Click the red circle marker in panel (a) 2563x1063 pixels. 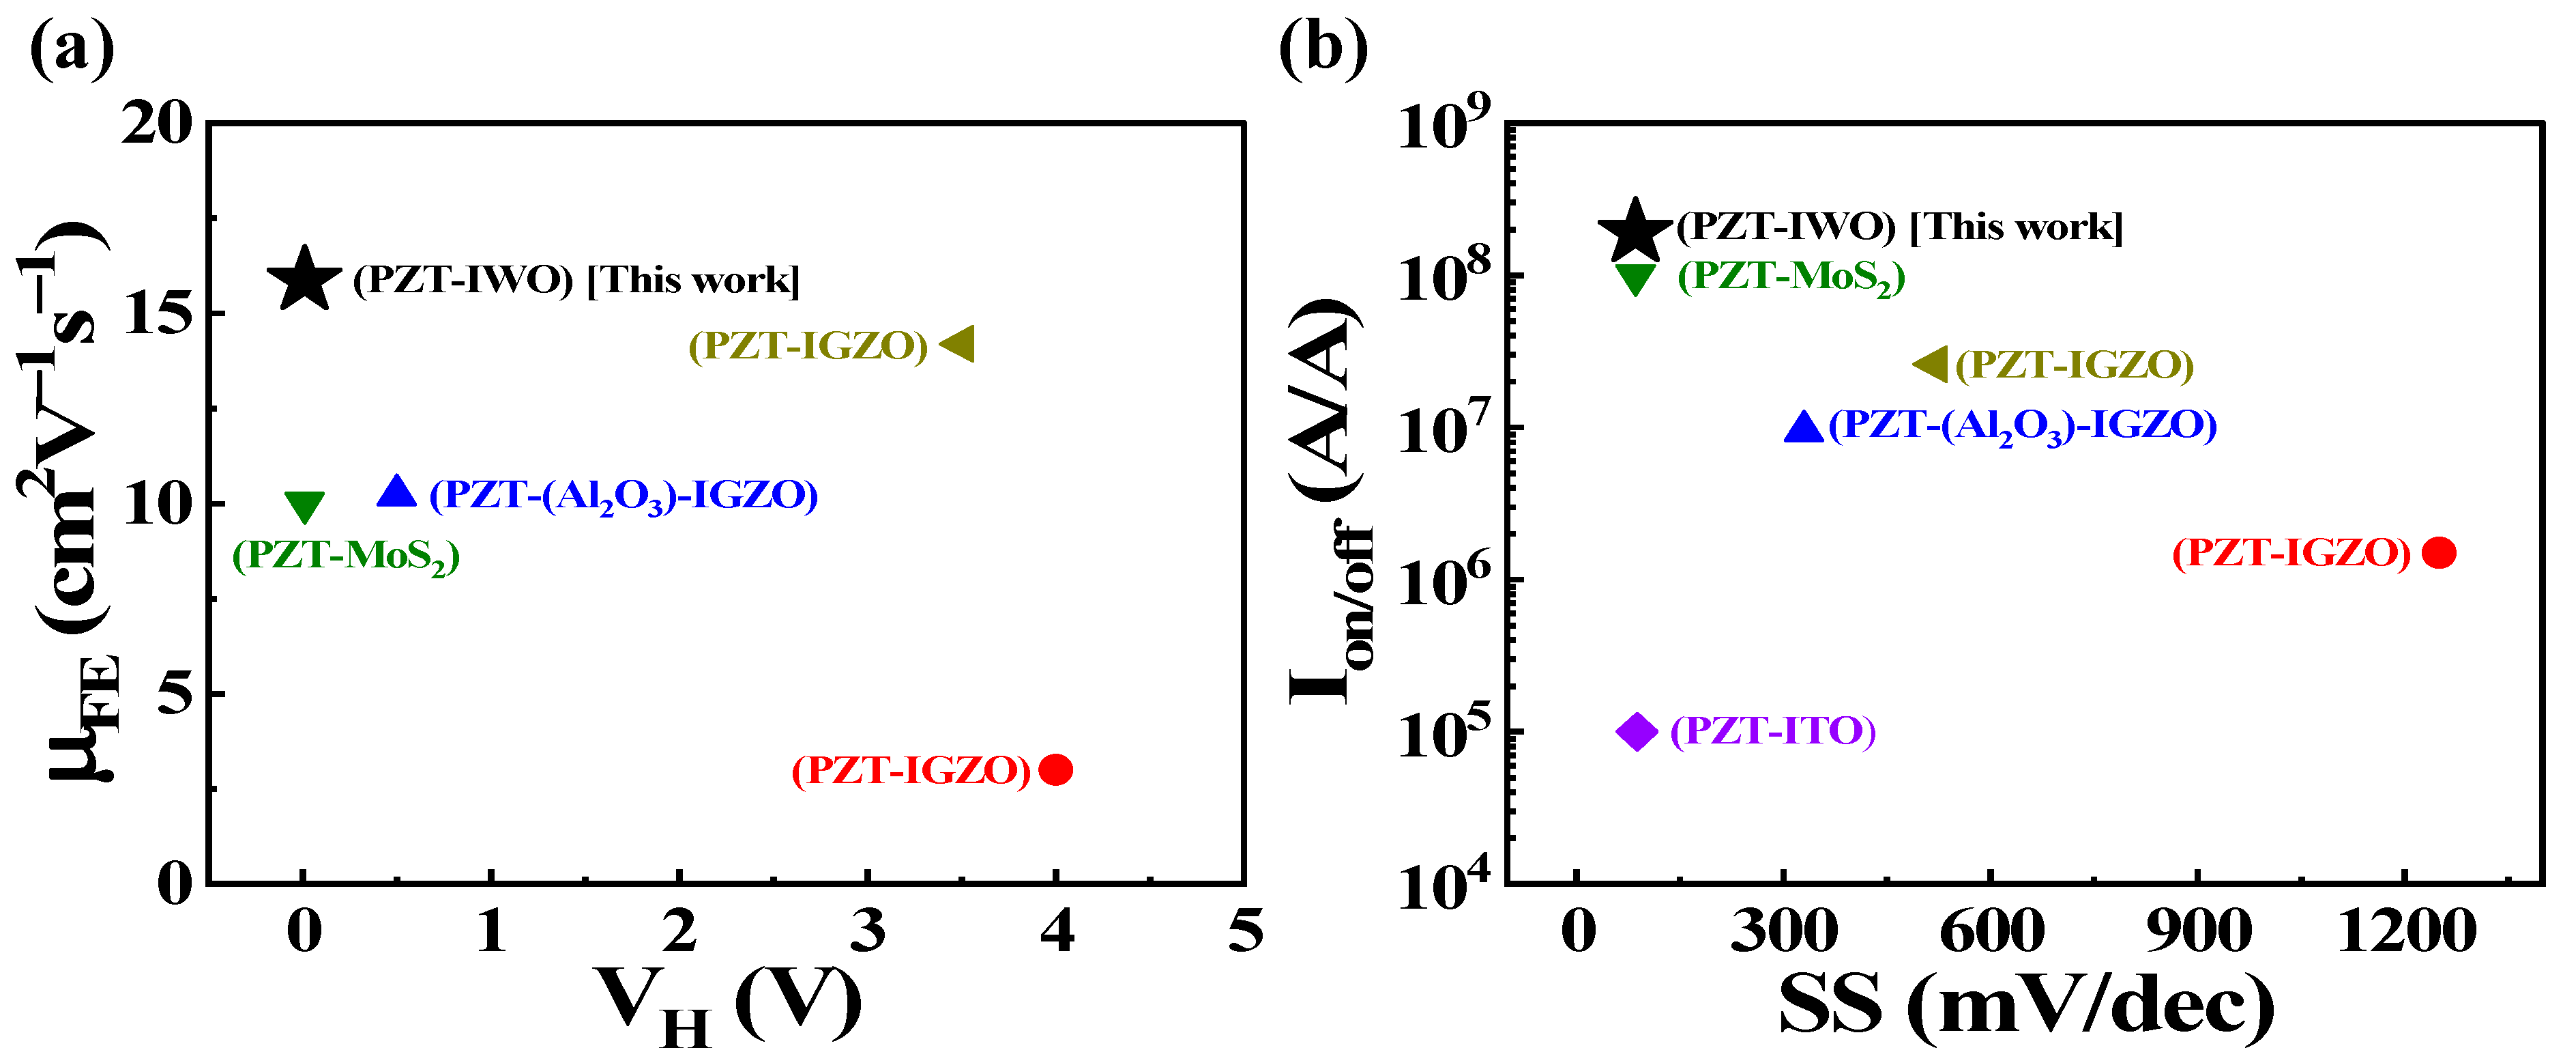point(1055,769)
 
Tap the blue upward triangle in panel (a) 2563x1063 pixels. point(396,492)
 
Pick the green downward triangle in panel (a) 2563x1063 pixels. point(304,507)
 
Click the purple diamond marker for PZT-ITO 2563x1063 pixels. point(1636,732)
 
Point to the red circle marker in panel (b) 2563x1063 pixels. point(2439,552)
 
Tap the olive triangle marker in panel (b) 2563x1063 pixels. point(1931,365)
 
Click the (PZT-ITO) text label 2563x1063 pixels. point(1772,732)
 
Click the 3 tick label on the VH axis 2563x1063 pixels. point(868,932)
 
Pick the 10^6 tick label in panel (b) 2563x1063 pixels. point(1444,581)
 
